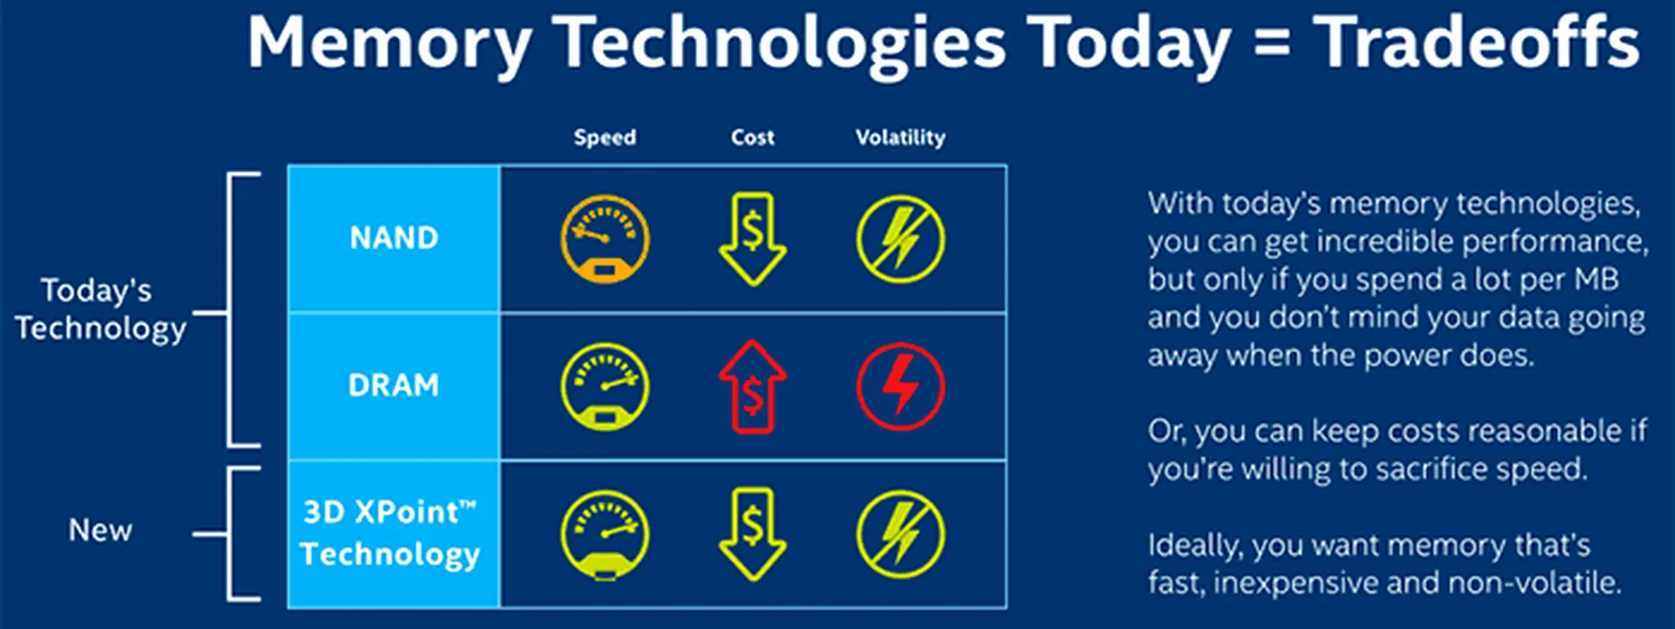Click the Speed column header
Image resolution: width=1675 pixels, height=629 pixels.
tap(605, 137)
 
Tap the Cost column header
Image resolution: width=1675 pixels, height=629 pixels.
tap(753, 137)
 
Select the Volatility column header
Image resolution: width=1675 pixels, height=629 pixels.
tap(900, 137)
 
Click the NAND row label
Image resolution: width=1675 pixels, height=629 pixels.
tap(394, 238)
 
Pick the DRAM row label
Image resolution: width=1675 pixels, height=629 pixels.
tap(394, 385)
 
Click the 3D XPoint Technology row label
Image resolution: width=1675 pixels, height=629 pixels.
tap(390, 533)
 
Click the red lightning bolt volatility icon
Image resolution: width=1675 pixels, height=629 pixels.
tap(900, 387)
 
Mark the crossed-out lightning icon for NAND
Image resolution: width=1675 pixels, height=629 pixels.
tap(900, 240)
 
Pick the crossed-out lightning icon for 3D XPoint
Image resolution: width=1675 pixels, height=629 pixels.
tap(900, 536)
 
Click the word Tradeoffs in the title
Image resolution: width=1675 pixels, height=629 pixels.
tap(1476, 42)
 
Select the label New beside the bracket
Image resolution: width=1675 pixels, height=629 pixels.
tap(101, 530)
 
